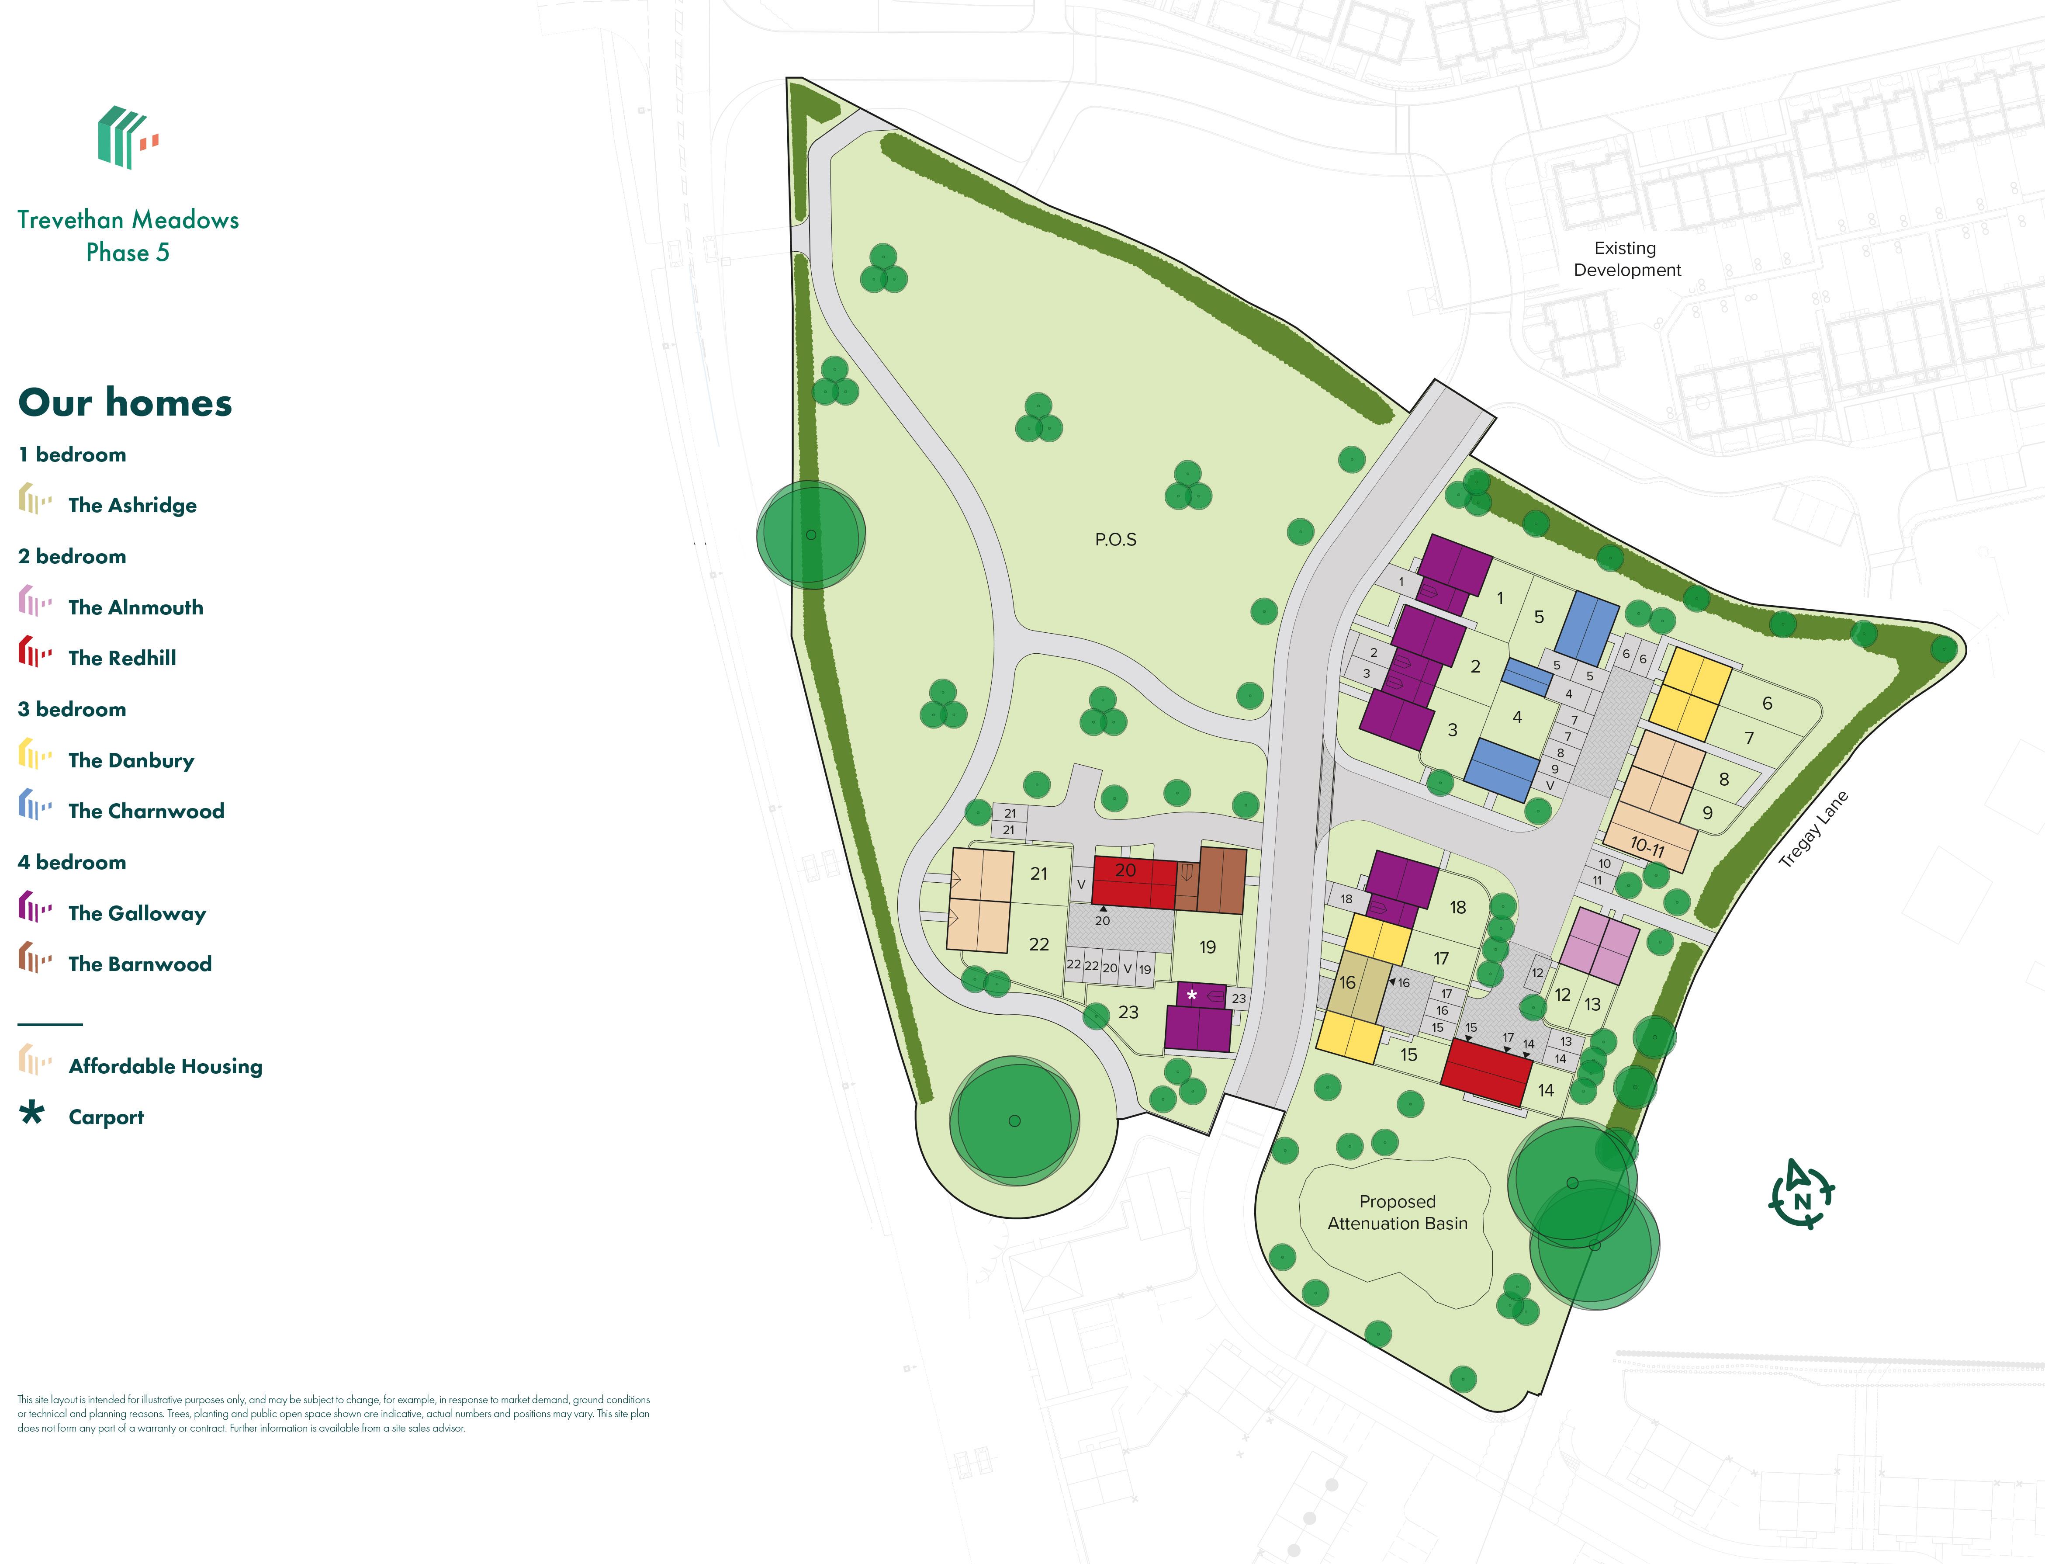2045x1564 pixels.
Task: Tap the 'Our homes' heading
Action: pyautogui.click(x=125, y=402)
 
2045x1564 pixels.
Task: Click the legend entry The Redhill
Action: pyautogui.click(x=122, y=658)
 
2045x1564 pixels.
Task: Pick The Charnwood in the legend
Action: pyautogui.click(x=146, y=811)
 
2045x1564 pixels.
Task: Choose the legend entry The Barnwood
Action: pyautogui.click(x=140, y=964)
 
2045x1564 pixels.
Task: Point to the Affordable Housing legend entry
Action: pyautogui.click(x=165, y=1066)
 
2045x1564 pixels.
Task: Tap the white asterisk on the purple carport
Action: pyautogui.click(x=1191, y=995)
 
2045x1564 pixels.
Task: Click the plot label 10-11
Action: pyautogui.click(x=1647, y=846)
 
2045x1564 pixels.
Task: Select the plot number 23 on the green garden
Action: pyautogui.click(x=1128, y=1012)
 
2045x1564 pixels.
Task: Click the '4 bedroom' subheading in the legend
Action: pyautogui.click(x=72, y=862)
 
